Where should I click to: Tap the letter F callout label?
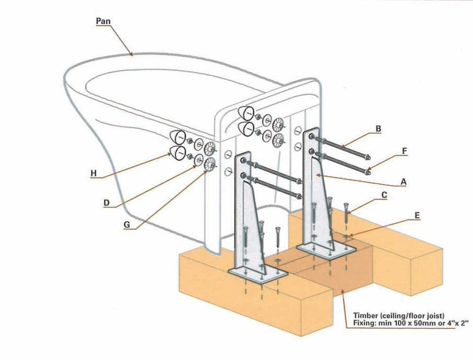coord(405,151)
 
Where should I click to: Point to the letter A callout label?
coord(404,182)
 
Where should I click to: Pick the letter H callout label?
coord(93,173)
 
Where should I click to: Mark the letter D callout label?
coord(106,203)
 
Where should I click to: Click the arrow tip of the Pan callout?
coord(132,55)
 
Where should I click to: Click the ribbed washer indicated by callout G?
coord(210,165)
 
